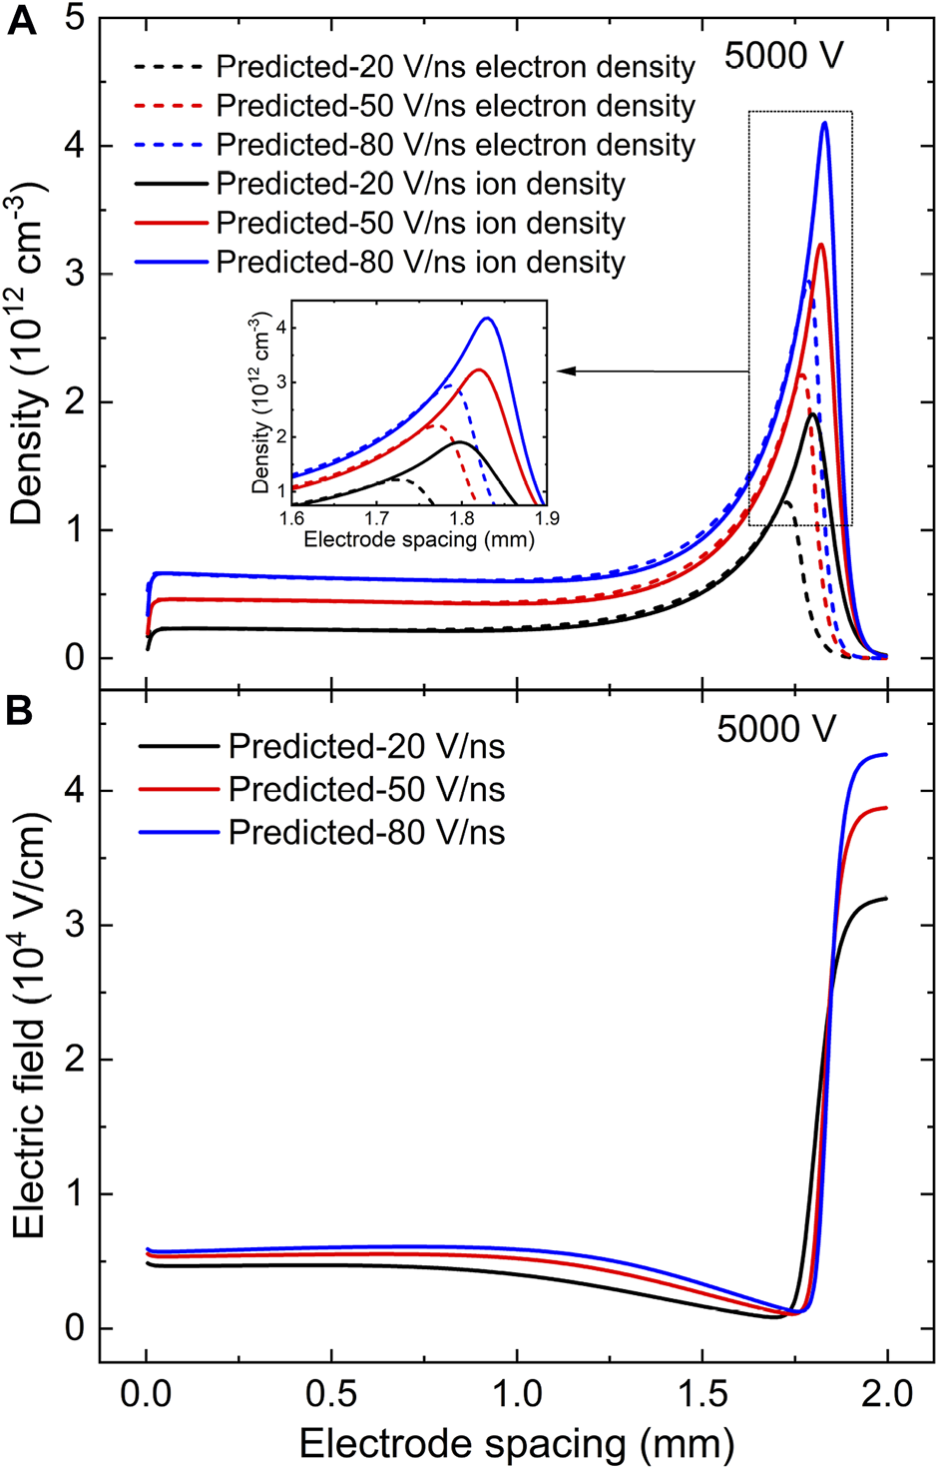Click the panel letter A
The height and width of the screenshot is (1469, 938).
click(22, 21)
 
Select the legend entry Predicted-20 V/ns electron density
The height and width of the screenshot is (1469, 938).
click(455, 67)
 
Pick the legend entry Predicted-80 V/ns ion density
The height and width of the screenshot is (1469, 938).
click(420, 262)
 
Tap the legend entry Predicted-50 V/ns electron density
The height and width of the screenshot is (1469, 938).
click(455, 106)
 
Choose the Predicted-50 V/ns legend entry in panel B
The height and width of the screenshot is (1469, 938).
click(366, 790)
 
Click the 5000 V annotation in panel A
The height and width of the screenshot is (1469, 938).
click(783, 56)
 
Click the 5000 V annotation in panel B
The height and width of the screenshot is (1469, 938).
click(775, 730)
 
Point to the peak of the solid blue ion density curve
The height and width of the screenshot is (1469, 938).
click(825, 123)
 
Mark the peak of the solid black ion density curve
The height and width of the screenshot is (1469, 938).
click(813, 413)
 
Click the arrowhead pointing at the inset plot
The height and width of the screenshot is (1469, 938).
click(564, 371)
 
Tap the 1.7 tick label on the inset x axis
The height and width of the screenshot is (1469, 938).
click(376, 518)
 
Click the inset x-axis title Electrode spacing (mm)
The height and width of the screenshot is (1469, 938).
click(418, 539)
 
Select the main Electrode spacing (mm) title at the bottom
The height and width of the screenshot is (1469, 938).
click(516, 1443)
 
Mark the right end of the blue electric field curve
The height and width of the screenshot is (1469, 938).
click(886, 755)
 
